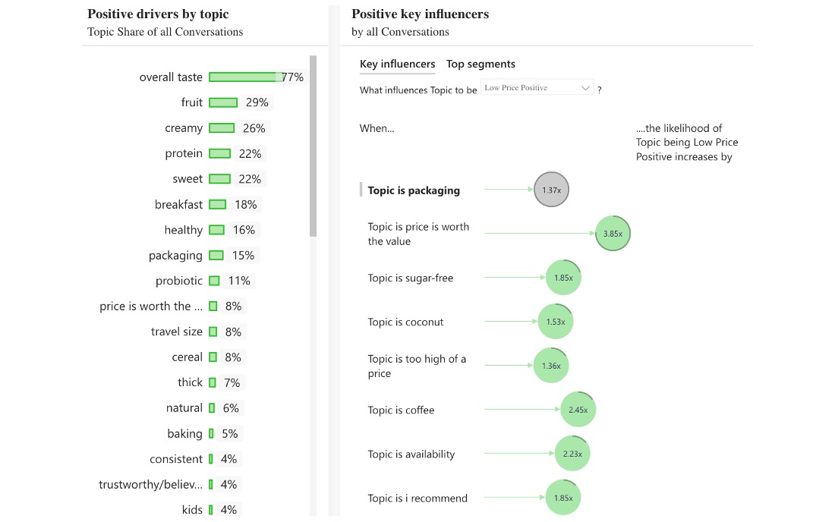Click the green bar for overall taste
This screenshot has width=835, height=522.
243,77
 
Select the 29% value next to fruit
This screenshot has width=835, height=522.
257,102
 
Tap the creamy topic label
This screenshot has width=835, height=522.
184,128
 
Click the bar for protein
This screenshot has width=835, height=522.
219,153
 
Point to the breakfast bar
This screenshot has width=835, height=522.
217,204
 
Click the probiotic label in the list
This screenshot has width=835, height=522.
179,281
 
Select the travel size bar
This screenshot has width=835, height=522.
213,332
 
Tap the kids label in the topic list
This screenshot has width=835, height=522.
192,510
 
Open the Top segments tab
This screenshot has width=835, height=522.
481,64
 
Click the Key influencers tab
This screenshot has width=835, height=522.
397,64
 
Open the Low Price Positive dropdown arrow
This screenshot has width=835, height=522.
585,88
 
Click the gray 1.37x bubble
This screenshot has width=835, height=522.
551,190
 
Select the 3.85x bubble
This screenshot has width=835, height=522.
613,234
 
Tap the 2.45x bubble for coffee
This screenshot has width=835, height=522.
578,410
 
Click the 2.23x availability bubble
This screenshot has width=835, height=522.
572,454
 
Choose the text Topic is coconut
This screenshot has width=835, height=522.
405,322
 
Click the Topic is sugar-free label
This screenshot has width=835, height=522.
410,278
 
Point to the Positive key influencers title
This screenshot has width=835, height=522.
420,14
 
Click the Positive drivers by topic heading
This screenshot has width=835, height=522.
158,14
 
